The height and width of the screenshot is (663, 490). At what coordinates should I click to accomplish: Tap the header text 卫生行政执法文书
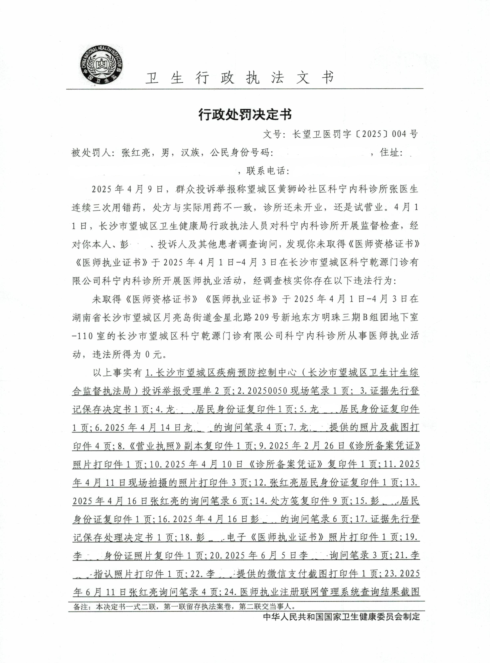tap(240, 78)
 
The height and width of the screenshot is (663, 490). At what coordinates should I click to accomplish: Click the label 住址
tap(391, 153)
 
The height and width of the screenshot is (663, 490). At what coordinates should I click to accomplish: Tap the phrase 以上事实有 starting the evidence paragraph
tap(117, 373)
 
